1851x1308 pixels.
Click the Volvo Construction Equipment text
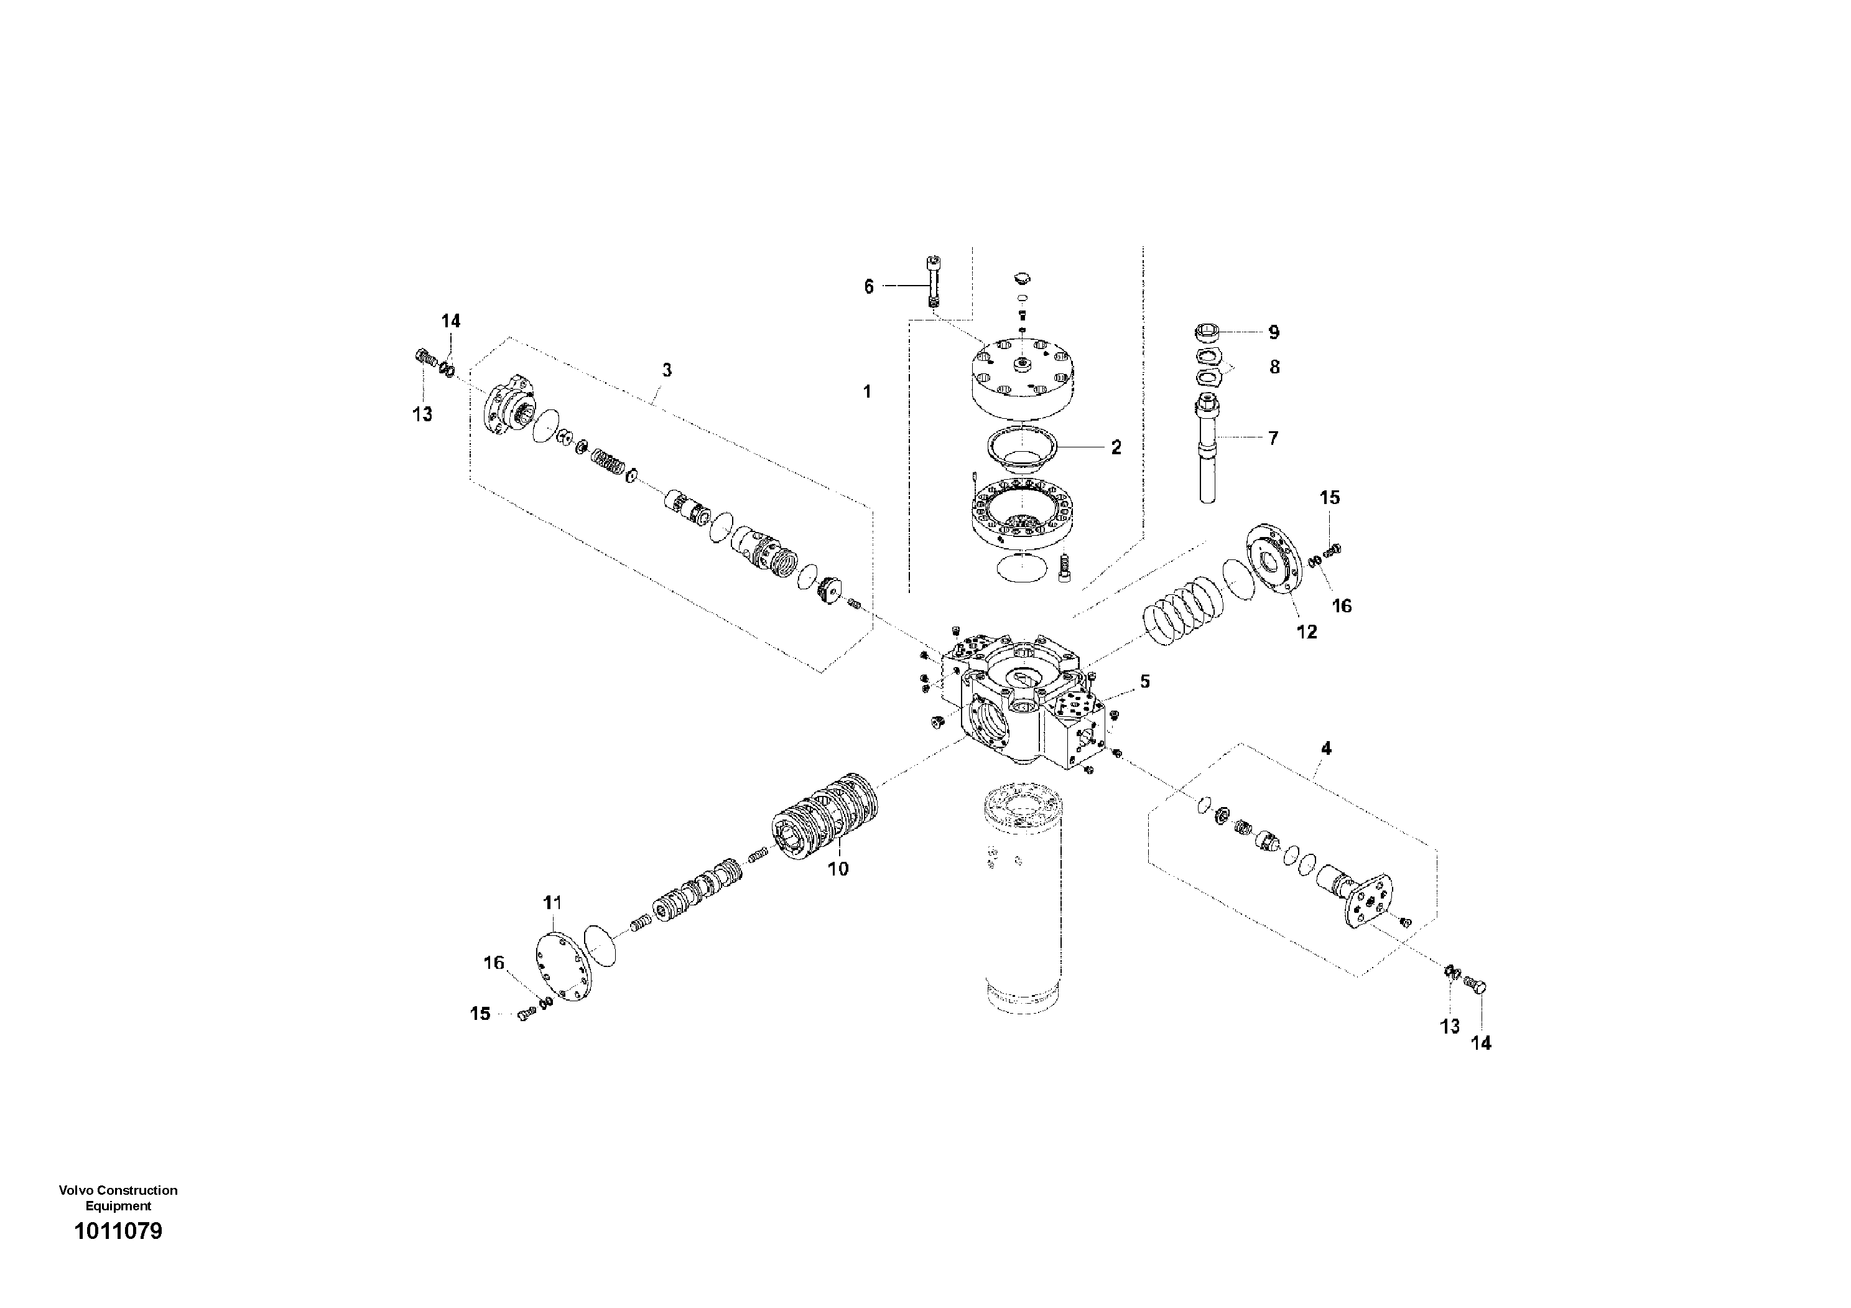tap(118, 1197)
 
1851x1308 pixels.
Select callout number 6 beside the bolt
tap(868, 286)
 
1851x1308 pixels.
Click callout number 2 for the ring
tap(1116, 447)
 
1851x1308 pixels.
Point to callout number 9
tap(1274, 332)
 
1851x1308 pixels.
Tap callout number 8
tap(1274, 368)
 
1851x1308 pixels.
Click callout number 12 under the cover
tap(1306, 632)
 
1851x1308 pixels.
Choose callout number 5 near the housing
tap(1145, 681)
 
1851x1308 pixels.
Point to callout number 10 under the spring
tap(838, 869)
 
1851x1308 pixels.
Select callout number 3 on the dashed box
tap(667, 370)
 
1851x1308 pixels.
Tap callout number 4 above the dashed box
tap(1326, 749)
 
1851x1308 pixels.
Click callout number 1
tap(868, 392)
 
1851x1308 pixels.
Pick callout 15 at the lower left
tap(481, 1014)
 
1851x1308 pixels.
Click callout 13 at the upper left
tap(422, 414)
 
